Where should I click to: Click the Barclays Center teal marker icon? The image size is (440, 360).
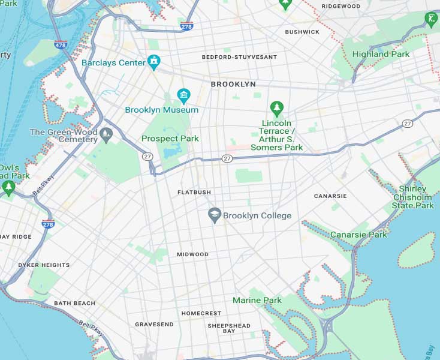[x=155, y=62]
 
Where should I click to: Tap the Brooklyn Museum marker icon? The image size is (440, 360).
[x=183, y=95]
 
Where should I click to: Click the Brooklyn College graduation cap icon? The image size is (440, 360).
[x=214, y=215]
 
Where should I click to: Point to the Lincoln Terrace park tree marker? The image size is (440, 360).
[x=276, y=109]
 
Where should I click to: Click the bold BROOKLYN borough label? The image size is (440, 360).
[x=233, y=85]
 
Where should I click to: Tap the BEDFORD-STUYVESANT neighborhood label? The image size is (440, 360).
[x=239, y=57]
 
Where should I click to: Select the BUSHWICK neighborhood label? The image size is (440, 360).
[x=302, y=32]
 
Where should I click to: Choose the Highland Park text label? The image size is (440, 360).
[x=381, y=54]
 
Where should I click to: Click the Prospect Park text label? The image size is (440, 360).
[x=170, y=139]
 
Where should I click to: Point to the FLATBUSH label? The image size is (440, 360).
[x=194, y=192]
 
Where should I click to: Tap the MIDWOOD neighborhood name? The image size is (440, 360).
[x=192, y=254]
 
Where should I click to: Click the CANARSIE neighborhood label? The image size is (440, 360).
[x=330, y=196]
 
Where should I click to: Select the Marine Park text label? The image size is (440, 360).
[x=257, y=300]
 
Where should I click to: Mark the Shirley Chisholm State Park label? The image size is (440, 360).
[x=412, y=197]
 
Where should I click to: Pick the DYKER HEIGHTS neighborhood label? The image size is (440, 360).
[x=44, y=265]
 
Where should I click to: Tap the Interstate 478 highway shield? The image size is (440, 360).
[x=61, y=44]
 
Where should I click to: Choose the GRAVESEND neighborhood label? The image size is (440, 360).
[x=154, y=325]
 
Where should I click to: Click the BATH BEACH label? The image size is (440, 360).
[x=74, y=303]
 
